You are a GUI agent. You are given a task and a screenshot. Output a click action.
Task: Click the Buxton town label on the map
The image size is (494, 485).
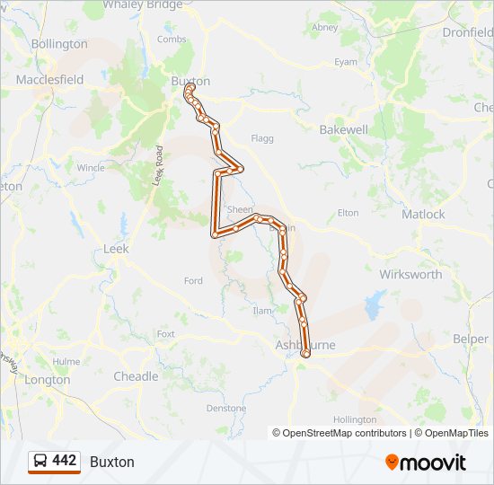190,80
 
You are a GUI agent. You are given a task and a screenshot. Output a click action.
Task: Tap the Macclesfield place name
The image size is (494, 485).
49,80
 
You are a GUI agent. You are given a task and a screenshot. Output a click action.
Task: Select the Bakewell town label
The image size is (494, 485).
344,129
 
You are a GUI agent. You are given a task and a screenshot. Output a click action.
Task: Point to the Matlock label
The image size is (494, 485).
423,215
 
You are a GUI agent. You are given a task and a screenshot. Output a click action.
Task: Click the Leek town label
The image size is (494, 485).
117,249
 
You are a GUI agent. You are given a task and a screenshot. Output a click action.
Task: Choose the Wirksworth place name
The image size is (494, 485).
410,275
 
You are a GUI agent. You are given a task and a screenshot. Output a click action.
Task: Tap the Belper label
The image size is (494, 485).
471,339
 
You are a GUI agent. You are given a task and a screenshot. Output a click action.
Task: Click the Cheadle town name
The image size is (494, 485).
136,376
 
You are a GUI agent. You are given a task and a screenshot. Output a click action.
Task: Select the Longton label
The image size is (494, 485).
48,380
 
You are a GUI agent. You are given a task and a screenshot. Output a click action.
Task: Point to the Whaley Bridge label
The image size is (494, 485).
143,4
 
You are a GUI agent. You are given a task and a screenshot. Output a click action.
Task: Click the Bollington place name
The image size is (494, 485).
59,43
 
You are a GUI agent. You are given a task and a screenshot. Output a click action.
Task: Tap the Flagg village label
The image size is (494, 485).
262,139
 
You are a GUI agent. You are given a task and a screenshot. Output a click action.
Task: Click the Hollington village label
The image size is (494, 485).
355,419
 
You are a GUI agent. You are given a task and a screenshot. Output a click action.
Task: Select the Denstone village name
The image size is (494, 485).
225,408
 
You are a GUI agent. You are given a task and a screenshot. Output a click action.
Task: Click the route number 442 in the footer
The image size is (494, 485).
65,461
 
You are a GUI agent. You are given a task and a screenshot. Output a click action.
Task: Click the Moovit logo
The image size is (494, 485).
426,463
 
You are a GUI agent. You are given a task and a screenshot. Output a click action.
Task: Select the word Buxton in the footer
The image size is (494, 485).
112,462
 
